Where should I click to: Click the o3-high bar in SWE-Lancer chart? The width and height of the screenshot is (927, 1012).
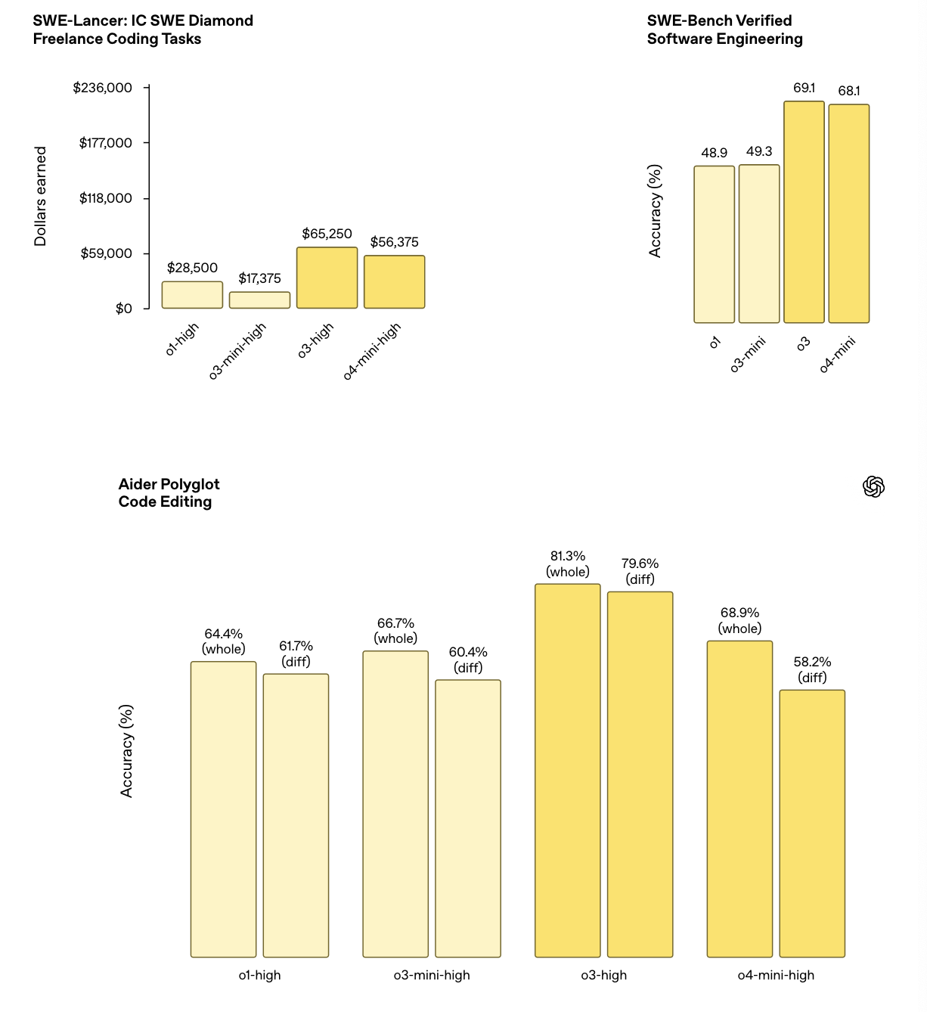tap(327, 278)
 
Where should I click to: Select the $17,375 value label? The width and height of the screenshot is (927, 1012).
tap(259, 278)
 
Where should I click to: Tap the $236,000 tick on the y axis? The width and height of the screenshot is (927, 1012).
tap(102, 88)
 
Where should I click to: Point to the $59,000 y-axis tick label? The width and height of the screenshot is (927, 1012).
tap(106, 253)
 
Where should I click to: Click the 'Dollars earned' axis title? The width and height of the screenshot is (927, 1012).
tap(41, 196)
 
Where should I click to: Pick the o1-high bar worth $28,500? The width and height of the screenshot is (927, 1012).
tap(192, 295)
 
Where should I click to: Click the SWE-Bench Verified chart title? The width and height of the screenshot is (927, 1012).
tap(724, 29)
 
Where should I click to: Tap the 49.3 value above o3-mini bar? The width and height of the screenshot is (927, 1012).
tap(759, 151)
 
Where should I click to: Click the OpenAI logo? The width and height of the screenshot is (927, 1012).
tap(873, 487)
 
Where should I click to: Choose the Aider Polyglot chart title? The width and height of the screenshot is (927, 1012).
tap(169, 493)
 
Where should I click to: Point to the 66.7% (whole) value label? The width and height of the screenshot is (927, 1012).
tap(395, 631)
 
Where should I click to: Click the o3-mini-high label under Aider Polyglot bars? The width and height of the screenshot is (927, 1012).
tap(432, 975)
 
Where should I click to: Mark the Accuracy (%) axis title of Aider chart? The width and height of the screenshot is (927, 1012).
tap(127, 750)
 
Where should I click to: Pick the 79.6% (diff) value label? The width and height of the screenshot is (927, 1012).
tap(640, 571)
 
